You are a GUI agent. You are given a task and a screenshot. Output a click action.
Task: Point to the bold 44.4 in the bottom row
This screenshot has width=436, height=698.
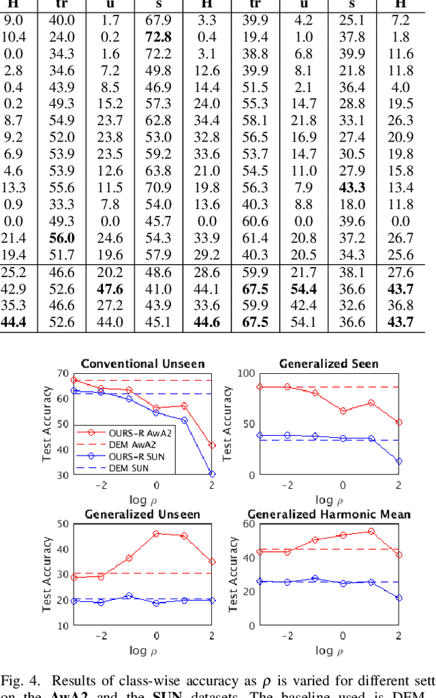click(x=14, y=322)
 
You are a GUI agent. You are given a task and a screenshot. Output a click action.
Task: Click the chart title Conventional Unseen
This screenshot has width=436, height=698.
click(x=142, y=364)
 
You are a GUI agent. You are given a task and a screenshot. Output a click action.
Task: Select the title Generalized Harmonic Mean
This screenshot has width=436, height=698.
click(x=329, y=514)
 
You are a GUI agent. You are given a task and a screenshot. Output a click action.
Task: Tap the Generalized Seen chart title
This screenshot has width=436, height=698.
click(x=328, y=364)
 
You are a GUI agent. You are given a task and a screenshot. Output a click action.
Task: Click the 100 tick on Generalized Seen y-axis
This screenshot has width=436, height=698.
click(x=247, y=373)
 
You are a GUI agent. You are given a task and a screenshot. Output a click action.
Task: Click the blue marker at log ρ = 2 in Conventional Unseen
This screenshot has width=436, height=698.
click(x=212, y=474)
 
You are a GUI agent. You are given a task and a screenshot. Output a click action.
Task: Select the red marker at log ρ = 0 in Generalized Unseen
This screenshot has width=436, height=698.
click(x=156, y=534)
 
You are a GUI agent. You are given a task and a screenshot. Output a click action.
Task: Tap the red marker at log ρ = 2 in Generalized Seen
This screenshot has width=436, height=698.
click(x=399, y=422)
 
